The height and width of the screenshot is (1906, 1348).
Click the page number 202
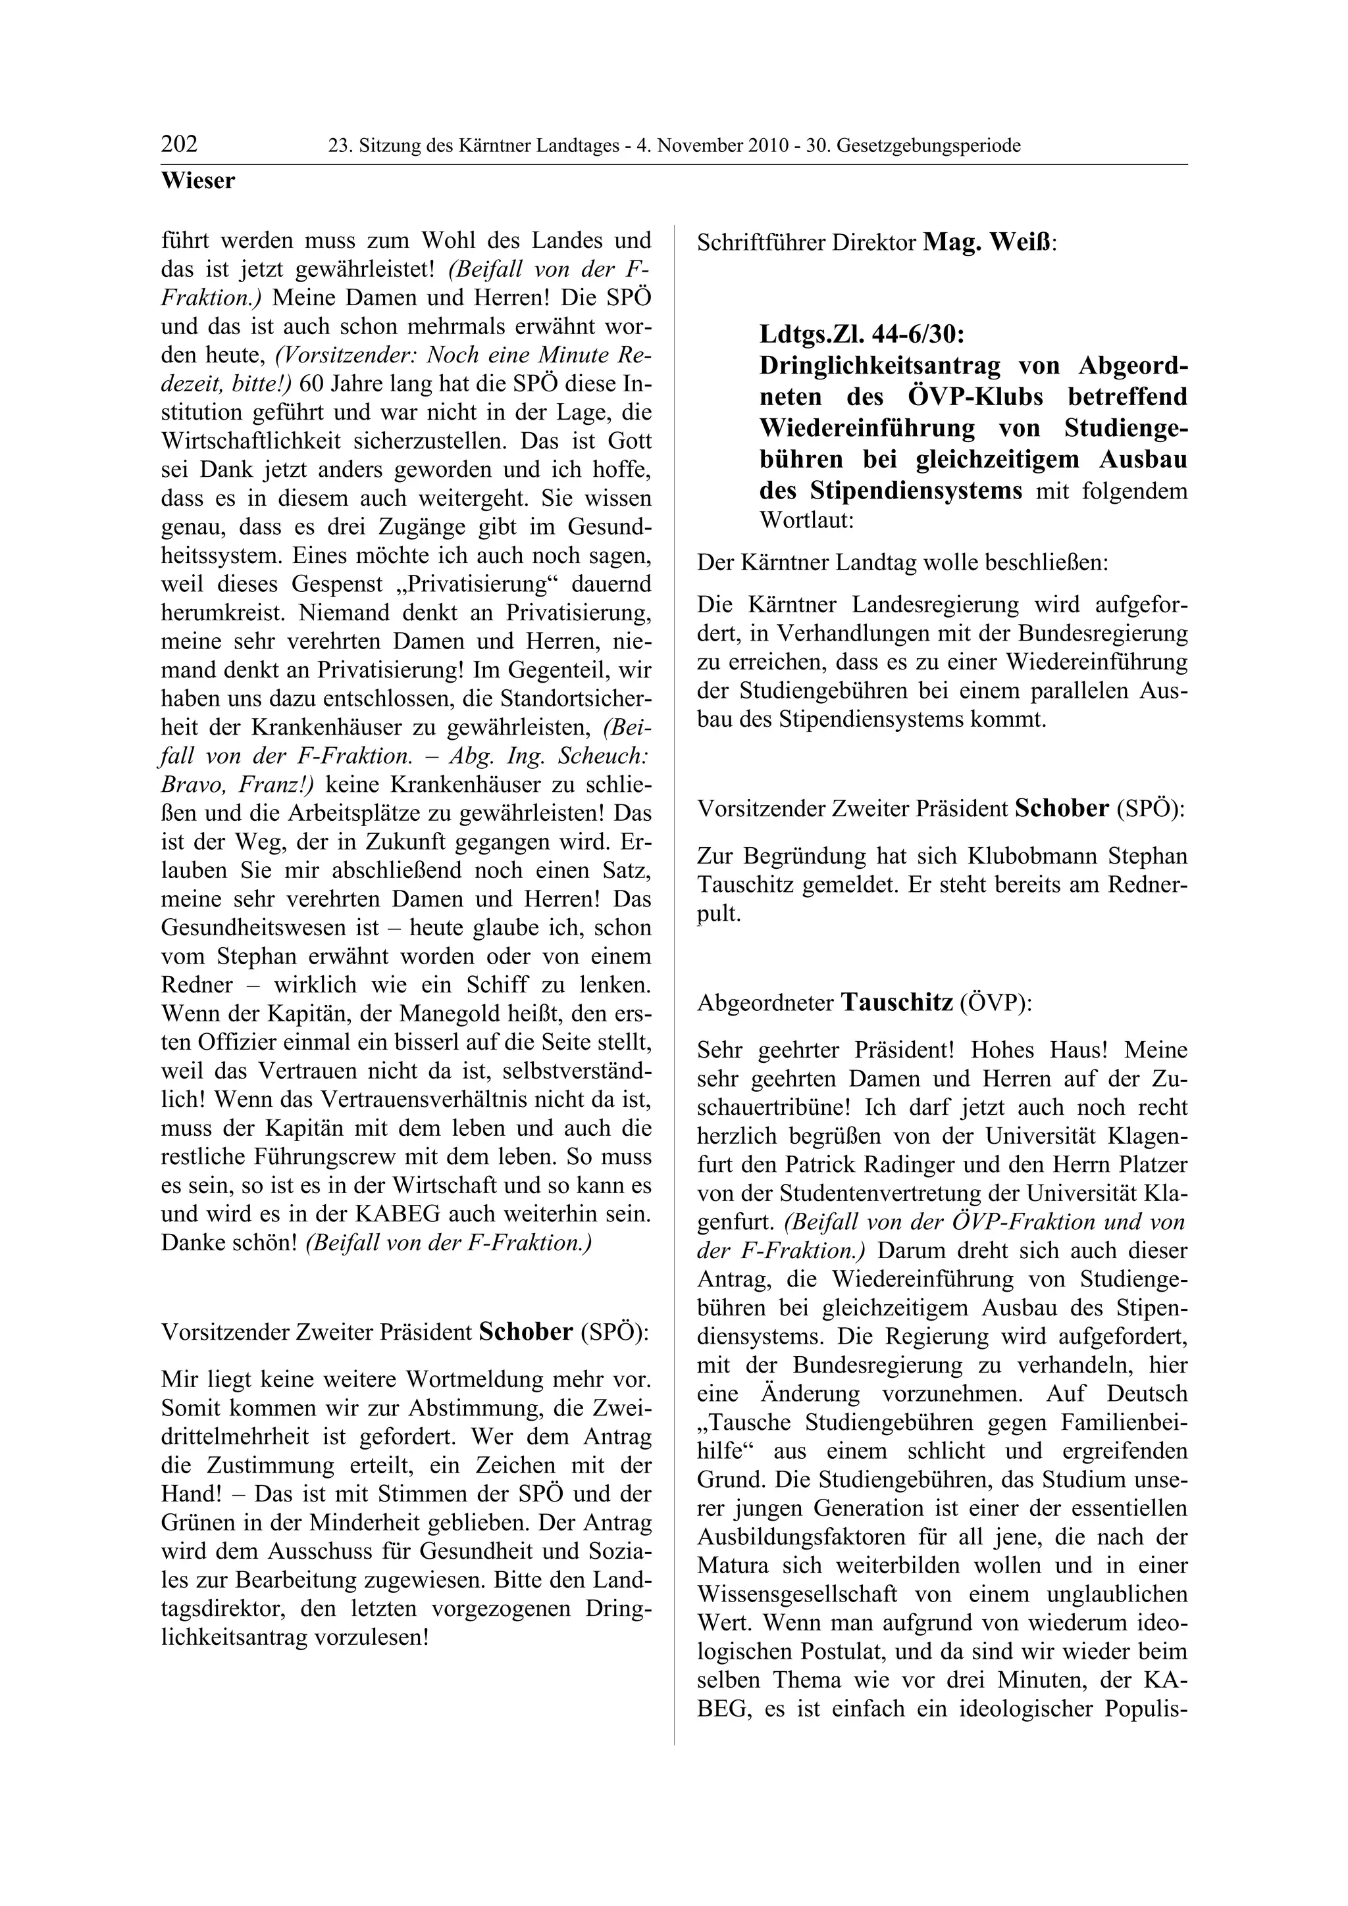coord(180,145)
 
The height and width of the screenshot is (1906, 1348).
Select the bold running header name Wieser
coord(197,180)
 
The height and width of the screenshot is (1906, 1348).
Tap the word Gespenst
coord(335,583)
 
